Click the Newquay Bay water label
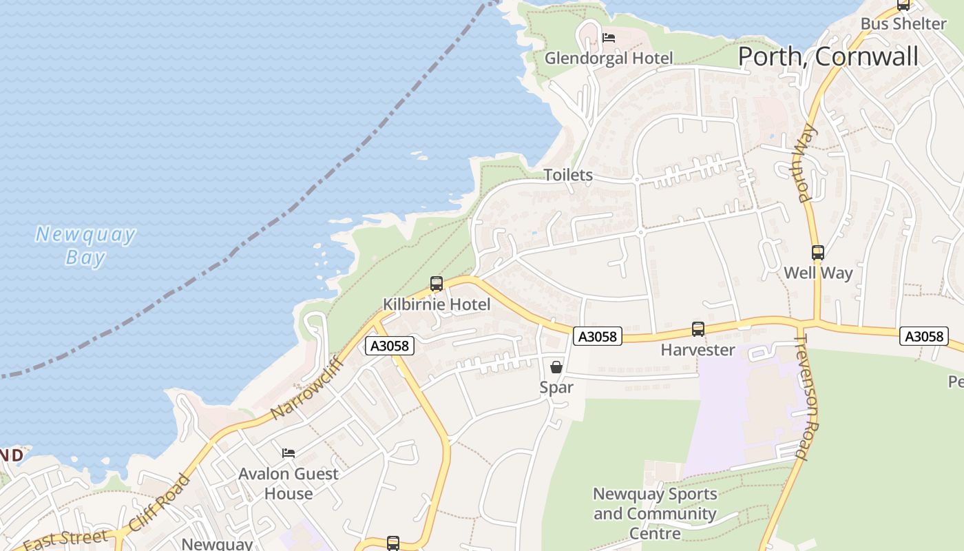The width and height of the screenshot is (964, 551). [x=85, y=246]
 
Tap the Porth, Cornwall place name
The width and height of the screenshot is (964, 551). [x=828, y=56]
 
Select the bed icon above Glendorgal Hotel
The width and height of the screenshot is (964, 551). [x=609, y=38]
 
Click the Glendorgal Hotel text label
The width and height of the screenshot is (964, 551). [x=609, y=59]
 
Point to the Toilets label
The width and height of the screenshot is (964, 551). [x=568, y=175]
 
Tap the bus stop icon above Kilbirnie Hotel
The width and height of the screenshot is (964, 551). [x=437, y=283]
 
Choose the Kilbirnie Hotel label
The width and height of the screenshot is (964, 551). [x=437, y=304]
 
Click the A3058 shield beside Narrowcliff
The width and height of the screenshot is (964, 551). [x=390, y=346]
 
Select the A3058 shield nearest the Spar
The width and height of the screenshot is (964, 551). [x=598, y=336]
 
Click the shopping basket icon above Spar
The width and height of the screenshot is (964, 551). [x=556, y=367]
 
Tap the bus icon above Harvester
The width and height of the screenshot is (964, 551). [x=698, y=329]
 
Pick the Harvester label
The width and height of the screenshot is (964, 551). [x=698, y=350]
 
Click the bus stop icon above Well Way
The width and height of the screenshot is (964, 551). [x=818, y=252]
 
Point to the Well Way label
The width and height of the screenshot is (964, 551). [x=818, y=273]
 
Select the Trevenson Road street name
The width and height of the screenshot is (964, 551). [x=806, y=397]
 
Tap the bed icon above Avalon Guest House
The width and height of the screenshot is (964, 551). [x=289, y=453]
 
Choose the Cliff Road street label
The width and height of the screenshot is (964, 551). [x=159, y=503]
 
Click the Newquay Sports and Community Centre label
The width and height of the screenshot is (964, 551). [x=655, y=514]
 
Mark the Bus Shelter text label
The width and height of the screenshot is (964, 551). [x=903, y=23]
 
